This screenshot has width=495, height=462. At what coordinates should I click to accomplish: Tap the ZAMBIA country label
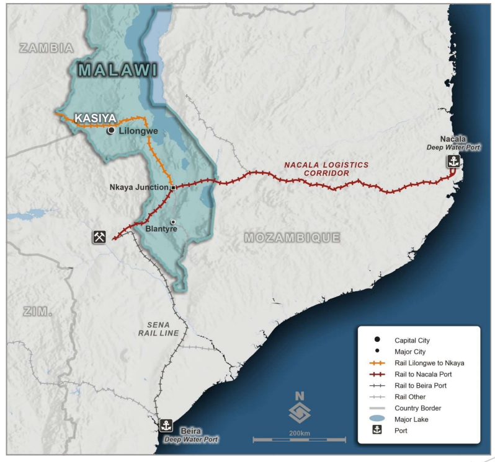[47, 48]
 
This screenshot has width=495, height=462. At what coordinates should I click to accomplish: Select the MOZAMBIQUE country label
[292, 237]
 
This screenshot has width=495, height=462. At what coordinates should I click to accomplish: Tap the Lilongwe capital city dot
[110, 131]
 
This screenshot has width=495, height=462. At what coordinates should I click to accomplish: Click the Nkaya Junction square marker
[174, 187]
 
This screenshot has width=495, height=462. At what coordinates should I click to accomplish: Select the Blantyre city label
[161, 229]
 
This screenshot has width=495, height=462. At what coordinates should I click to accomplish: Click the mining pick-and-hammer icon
[100, 237]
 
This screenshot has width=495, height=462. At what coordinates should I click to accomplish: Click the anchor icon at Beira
[166, 425]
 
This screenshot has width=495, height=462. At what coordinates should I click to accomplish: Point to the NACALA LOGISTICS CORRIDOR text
[326, 169]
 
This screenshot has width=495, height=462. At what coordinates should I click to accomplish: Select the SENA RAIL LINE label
[159, 329]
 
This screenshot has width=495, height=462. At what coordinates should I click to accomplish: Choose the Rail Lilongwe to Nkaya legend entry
[429, 363]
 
